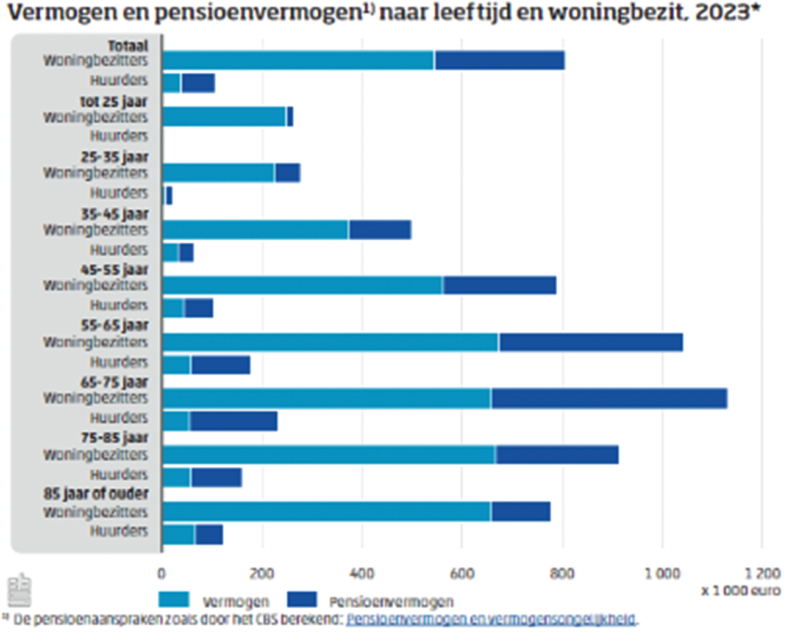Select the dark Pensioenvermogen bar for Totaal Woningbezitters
pyautogui.click(x=499, y=60)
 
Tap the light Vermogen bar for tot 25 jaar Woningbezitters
pyautogui.click(x=224, y=117)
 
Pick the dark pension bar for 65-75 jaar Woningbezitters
pyautogui.click(x=609, y=398)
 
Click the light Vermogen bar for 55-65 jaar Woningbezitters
pyautogui.click(x=330, y=342)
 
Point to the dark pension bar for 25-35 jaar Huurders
pyautogui.click(x=169, y=196)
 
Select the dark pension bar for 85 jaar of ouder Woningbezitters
pyautogui.click(x=521, y=512)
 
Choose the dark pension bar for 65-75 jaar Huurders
pyautogui.click(x=233, y=421)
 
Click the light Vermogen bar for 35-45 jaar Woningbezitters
pyautogui.click(x=255, y=230)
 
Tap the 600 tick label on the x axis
pyautogui.click(x=462, y=573)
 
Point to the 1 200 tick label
pyautogui.click(x=762, y=573)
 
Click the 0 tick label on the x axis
pyautogui.click(x=162, y=573)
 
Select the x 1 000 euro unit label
pyautogui.click(x=741, y=590)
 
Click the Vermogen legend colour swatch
pyautogui.click(x=174, y=600)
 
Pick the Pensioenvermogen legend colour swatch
pyautogui.click(x=301, y=600)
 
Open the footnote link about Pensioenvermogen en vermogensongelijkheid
pyautogui.click(x=491, y=620)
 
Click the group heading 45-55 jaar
pyautogui.click(x=115, y=270)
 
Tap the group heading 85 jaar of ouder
pyautogui.click(x=96, y=493)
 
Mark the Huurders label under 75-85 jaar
pyautogui.click(x=119, y=475)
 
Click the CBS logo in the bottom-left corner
pyautogui.click(x=19, y=589)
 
